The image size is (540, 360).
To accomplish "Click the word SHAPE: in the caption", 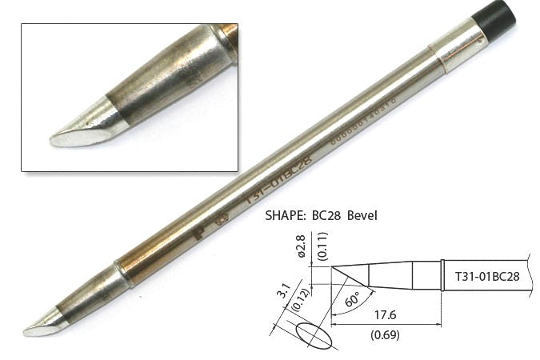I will click(286, 216).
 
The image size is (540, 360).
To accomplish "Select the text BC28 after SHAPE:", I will click(336, 216).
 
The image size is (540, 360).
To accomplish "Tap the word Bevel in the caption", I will click(377, 216).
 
